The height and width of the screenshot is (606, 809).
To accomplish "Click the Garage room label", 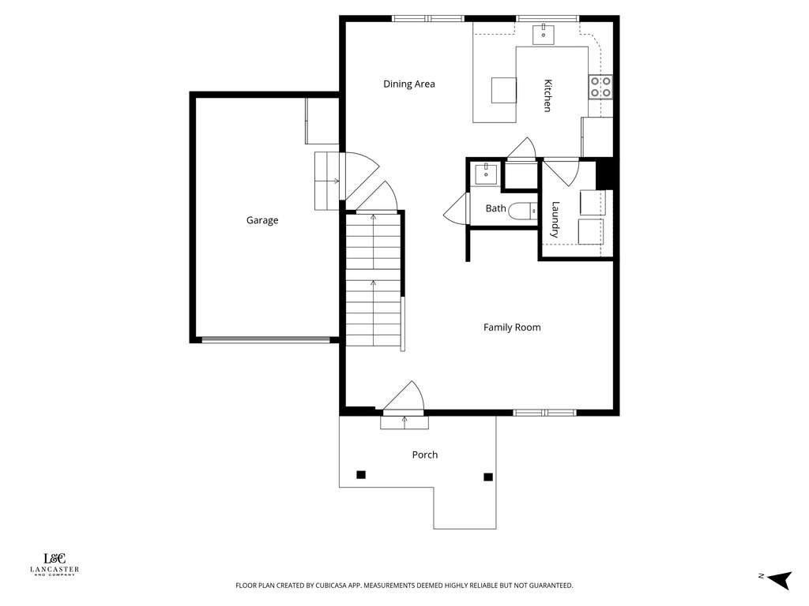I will pos(262,221).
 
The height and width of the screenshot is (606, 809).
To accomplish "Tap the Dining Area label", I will pos(409,84).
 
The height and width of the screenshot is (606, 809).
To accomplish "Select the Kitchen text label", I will pos(546,95).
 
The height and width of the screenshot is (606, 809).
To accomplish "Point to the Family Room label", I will pos(512,327).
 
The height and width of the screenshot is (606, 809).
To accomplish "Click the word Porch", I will pos(424,455).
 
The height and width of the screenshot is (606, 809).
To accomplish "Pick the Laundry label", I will pos(555,220).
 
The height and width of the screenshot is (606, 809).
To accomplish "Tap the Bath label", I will pos(495,209).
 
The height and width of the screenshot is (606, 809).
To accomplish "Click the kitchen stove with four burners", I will pos(600,87).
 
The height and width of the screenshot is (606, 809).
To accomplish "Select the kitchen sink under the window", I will pos(544,33).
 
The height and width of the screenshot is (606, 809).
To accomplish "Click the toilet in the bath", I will pos(522,211).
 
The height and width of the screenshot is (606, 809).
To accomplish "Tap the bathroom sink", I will pos(485,174).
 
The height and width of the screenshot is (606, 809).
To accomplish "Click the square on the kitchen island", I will pos(503,90).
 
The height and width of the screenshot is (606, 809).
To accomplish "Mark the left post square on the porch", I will pos(361,474).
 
